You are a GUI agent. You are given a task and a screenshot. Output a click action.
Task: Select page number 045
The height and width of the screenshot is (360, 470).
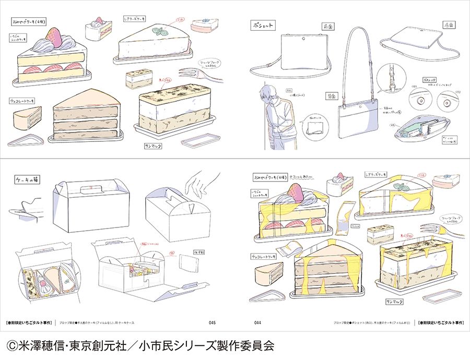[x=212, y=322]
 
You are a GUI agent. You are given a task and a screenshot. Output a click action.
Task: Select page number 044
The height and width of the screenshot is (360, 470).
[x=257, y=322]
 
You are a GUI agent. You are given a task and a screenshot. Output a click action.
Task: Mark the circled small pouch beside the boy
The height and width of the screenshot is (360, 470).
[x=316, y=125]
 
